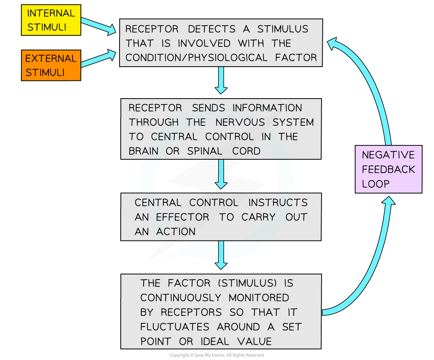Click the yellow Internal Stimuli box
coord(51,20)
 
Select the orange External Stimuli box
coord(51,65)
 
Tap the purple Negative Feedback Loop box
coord(388,169)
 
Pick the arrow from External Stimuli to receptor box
coord(98,59)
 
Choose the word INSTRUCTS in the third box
coord(278,203)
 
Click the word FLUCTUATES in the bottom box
coord(175,327)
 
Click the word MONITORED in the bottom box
coord(259,298)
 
